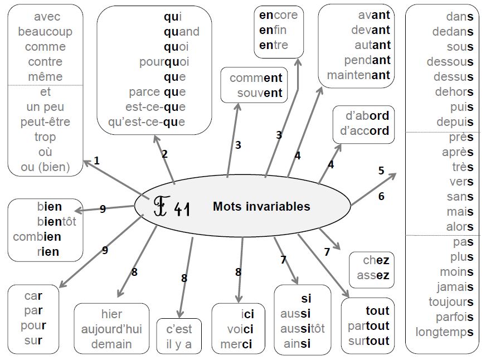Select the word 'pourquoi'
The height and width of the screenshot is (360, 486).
pos(164,62)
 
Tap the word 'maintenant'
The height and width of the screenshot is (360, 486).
pos(358,75)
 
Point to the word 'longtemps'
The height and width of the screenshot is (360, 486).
pos(444,333)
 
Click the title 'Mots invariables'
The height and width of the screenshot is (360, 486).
pos(261,207)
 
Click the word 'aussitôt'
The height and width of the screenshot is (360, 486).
pos(302,329)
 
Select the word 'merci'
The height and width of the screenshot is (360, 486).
pos(236,344)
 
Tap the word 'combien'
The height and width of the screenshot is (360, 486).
pos(37,237)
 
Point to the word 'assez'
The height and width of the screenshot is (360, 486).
pos(373,275)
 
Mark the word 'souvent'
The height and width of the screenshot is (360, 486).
pos(259,93)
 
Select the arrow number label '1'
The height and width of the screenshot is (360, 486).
pos(97,161)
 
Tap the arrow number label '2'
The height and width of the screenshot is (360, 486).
pos(164,154)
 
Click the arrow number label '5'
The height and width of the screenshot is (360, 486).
pos(381,171)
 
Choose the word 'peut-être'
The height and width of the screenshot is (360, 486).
pos(45,122)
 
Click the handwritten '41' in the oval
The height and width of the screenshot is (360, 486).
pos(182,210)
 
